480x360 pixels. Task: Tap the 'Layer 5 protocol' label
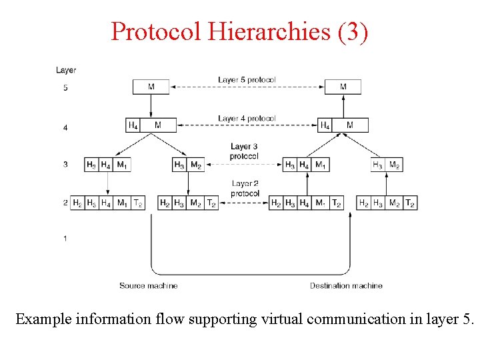pos(247,80)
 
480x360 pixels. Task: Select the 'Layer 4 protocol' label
pos(247,119)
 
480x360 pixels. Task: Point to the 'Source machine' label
pos(149,285)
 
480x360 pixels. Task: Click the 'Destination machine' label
pos(346,285)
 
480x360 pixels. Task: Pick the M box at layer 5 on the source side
pos(151,87)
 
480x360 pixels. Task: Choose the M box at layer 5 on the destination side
pos(343,87)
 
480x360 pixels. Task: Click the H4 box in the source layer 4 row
pos(133,125)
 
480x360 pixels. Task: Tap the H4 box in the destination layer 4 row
pos(325,125)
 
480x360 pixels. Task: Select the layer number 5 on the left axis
pos(65,88)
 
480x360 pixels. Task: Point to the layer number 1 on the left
pos(65,238)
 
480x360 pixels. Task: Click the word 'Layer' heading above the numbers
pos(66,70)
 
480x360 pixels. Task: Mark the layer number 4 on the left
pos(65,127)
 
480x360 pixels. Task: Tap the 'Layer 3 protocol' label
pos(244,151)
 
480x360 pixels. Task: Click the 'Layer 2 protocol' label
pos(245,189)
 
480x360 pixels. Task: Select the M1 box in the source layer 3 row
pos(122,165)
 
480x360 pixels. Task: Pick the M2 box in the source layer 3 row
pos(196,165)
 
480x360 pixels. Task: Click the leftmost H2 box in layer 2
pos(77,203)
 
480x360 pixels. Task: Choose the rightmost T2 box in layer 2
pos(410,203)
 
